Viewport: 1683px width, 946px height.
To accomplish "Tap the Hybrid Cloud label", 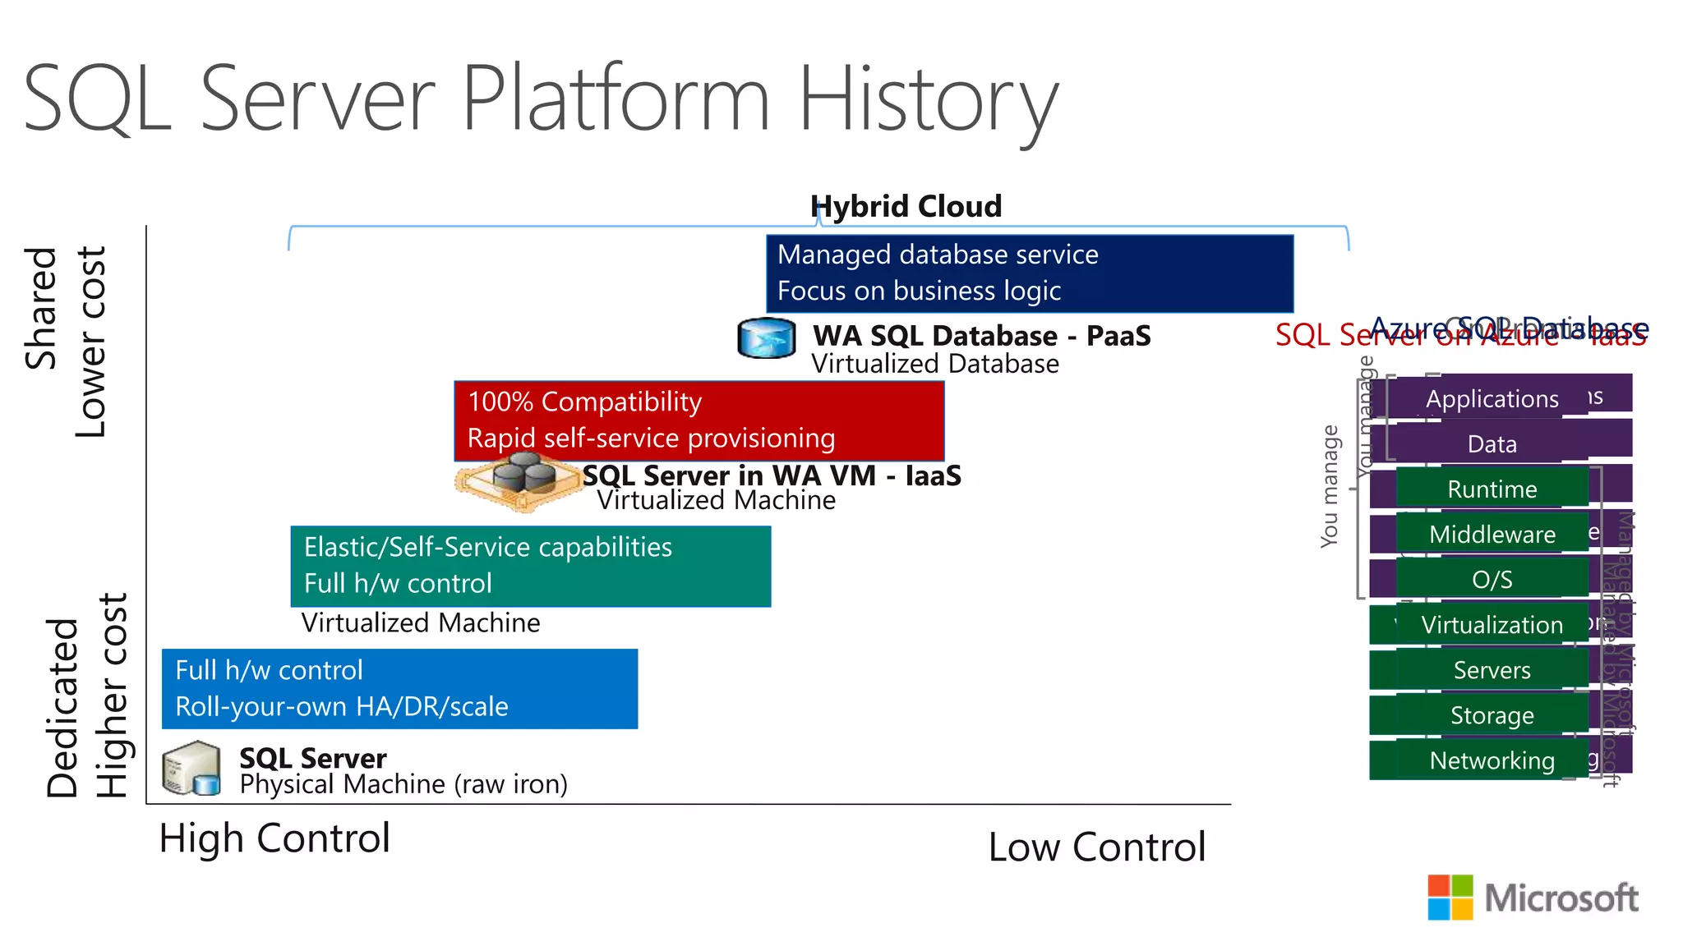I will (906, 206).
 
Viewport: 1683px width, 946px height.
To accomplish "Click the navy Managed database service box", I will (1029, 273).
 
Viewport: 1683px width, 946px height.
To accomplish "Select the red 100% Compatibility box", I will (699, 420).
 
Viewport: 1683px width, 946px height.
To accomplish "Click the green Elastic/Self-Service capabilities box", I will (530, 566).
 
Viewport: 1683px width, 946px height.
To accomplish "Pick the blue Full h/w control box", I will (399, 688).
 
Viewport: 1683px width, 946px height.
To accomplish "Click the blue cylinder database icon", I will (766, 338).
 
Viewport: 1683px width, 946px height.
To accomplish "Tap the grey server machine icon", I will (191, 769).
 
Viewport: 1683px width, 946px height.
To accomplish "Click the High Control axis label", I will (274, 838).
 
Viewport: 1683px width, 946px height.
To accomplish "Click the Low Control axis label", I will (1096, 847).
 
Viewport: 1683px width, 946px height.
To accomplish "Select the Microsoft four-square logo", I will (1450, 897).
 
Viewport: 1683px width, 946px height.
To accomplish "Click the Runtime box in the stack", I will (1492, 489).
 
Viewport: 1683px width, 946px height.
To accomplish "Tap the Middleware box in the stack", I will (1492, 535).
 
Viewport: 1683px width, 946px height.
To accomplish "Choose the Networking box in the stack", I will (1492, 760).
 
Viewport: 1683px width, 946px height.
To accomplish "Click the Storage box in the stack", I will (1492, 715).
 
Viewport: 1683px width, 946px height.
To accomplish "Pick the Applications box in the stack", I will (1492, 399).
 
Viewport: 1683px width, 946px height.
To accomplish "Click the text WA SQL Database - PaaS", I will (981, 336).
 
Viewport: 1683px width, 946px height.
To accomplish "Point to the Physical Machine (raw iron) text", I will (403, 785).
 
